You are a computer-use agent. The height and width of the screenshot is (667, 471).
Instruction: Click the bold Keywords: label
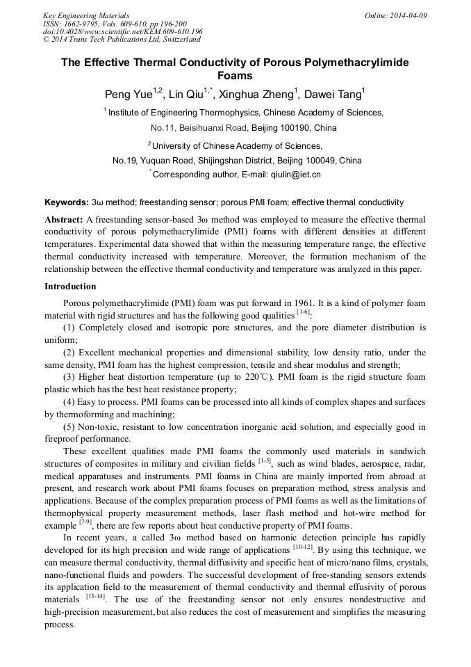coord(66,202)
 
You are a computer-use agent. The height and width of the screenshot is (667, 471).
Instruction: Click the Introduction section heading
coord(70,287)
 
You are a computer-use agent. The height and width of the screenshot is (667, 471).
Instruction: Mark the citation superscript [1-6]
coord(303,312)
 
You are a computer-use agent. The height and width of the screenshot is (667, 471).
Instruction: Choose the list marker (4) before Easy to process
coord(71,403)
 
